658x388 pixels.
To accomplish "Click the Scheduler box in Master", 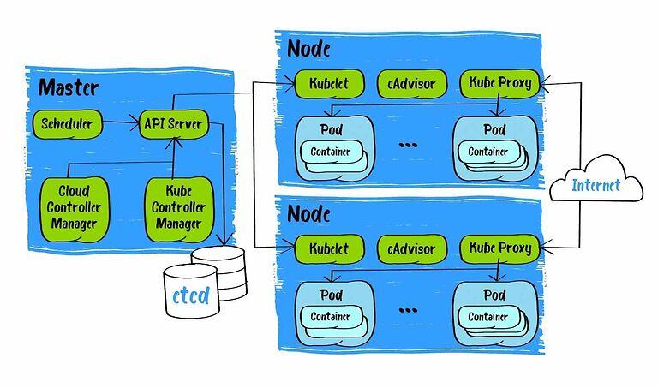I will click(x=67, y=124).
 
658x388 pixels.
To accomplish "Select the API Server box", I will click(x=174, y=124).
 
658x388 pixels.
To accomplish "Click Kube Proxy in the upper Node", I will click(x=501, y=84).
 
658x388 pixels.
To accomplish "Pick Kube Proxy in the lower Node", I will click(x=501, y=249).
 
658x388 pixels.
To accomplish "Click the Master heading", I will click(x=69, y=87).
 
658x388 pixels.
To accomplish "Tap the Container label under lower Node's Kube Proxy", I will click(x=488, y=316).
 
